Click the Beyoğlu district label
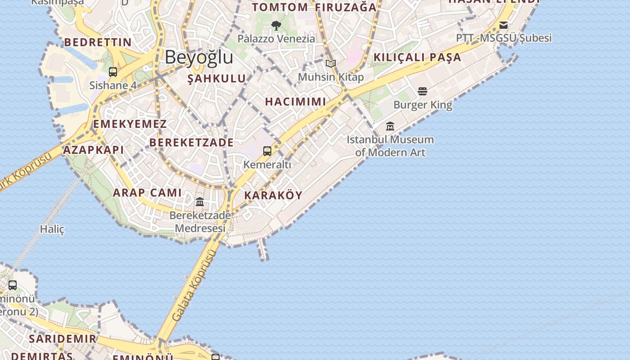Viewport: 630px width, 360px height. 199,57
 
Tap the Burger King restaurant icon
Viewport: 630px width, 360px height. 422,91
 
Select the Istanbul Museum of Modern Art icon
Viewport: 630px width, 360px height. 390,126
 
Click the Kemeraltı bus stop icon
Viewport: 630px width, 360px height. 267,151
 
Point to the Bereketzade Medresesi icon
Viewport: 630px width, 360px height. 200,202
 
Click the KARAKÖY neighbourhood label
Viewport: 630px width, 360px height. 273,195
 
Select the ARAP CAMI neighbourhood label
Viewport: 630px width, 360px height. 147,193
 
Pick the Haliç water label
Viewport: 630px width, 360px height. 52,229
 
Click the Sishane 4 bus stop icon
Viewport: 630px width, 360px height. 113,72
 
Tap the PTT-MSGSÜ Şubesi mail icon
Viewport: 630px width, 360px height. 504,25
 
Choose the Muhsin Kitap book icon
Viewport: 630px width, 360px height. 331,64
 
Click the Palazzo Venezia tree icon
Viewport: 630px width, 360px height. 276,26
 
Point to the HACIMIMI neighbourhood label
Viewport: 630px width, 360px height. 296,102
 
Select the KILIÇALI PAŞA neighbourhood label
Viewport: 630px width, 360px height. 417,57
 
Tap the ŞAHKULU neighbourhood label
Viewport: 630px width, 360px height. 216,79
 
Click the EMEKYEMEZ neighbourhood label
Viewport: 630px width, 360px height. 130,124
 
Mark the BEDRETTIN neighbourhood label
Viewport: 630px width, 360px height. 98,42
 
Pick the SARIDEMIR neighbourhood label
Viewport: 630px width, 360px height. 63,339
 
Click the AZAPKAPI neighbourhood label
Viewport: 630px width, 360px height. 94,150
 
